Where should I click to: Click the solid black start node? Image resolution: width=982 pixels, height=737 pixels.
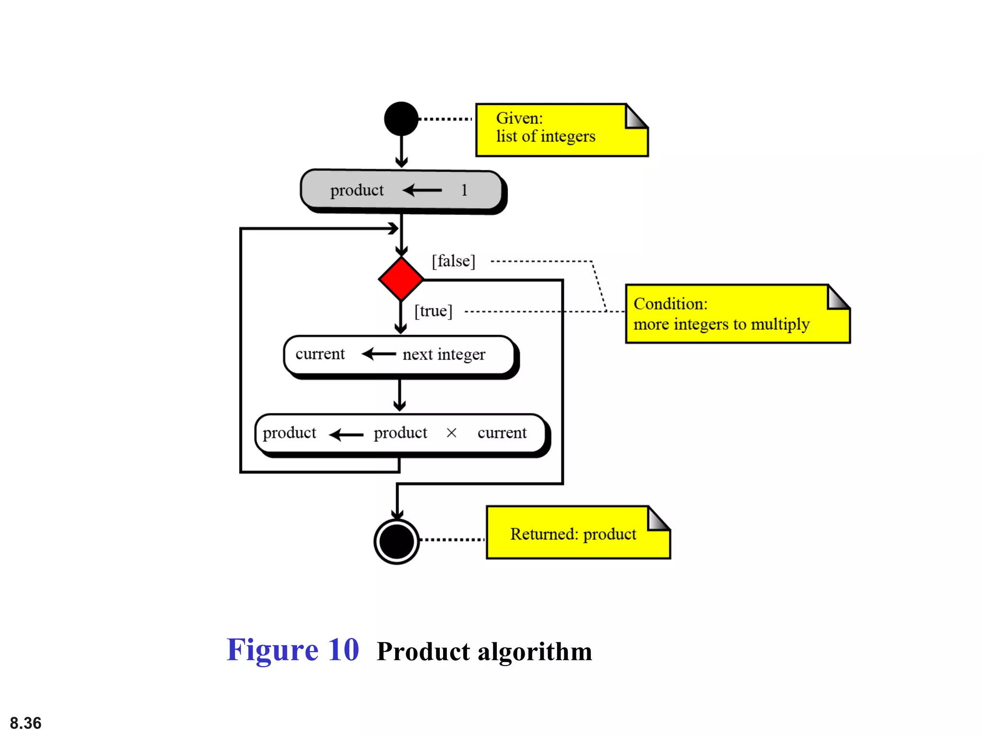(401, 119)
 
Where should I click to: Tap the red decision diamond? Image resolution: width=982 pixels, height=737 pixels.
(401, 279)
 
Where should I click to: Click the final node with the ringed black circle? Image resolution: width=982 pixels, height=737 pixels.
(397, 541)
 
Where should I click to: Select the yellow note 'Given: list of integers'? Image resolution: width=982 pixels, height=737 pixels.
(561, 130)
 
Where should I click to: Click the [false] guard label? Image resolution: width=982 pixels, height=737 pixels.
(453, 262)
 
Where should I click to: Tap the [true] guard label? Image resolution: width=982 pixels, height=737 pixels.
(433, 311)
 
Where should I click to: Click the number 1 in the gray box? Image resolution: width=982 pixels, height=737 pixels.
(464, 190)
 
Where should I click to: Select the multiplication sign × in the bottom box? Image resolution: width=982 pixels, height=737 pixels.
(451, 433)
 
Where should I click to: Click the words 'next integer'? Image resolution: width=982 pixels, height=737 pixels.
(444, 355)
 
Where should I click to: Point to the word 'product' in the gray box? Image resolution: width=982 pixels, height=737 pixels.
(357, 190)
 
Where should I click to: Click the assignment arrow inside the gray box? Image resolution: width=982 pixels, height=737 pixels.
(422, 190)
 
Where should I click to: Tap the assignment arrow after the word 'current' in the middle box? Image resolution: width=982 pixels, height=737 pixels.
(378, 355)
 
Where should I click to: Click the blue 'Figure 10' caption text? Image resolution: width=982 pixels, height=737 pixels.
(292, 650)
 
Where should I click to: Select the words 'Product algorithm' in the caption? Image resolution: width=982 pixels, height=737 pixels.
(484, 652)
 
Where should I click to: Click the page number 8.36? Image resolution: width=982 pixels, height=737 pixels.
(26, 723)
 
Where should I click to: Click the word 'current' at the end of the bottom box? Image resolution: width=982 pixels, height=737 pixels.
(502, 433)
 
